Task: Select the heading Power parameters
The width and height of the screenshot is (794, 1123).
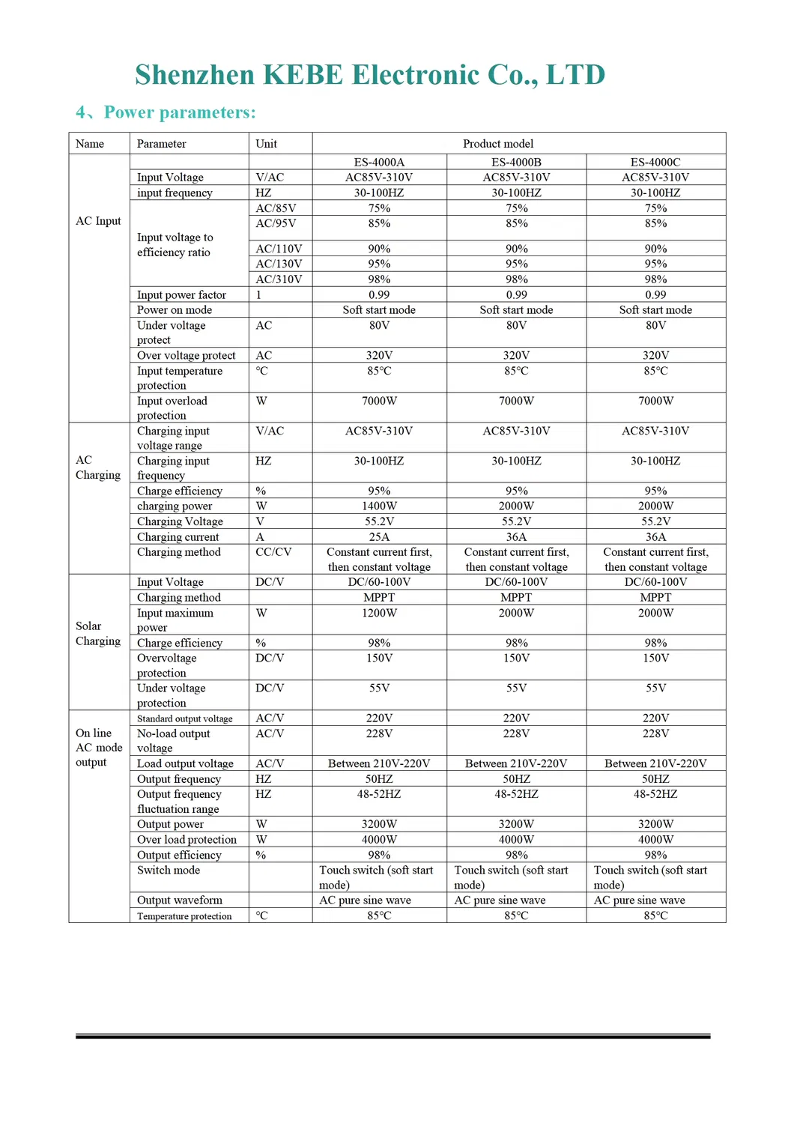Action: click(x=179, y=112)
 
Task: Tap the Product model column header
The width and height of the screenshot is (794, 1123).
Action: click(x=497, y=144)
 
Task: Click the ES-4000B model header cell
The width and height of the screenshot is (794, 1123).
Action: click(x=516, y=162)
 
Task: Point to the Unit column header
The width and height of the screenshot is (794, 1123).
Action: click(x=266, y=144)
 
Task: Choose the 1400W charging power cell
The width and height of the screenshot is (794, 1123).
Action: click(x=379, y=506)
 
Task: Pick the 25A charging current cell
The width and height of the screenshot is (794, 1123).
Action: click(x=379, y=536)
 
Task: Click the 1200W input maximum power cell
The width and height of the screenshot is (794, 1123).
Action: click(x=379, y=613)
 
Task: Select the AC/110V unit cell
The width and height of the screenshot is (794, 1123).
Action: click(x=279, y=248)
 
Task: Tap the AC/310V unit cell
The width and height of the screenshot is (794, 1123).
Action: click(x=279, y=279)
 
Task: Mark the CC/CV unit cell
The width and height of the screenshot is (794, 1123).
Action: click(x=273, y=551)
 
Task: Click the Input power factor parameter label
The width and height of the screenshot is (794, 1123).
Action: click(x=181, y=294)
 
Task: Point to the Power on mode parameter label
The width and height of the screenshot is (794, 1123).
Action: click(x=174, y=309)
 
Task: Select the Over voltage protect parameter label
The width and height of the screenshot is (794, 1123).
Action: click(x=186, y=355)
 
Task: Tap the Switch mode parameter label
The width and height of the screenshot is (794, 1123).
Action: click(x=169, y=870)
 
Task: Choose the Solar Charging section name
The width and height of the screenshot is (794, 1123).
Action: click(x=97, y=633)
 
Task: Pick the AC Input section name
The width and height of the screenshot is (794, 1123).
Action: click(x=98, y=221)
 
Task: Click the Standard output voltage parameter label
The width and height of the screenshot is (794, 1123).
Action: click(x=184, y=718)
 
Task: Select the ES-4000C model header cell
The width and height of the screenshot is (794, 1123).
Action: click(x=655, y=162)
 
